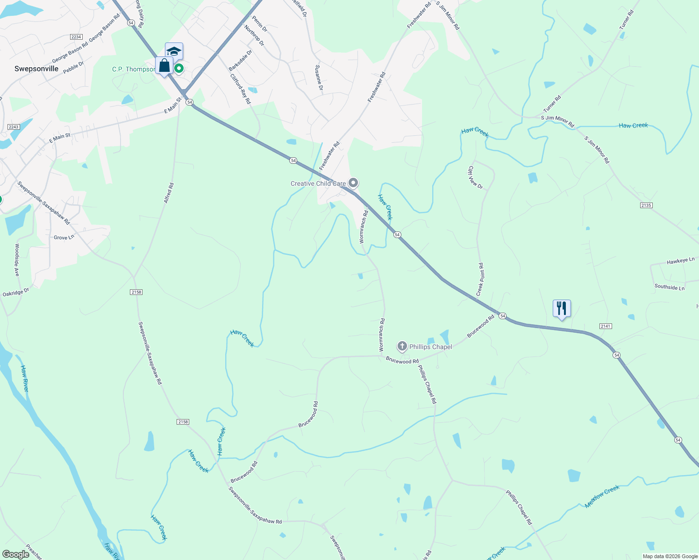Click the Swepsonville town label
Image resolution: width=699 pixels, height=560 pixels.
point(36,69)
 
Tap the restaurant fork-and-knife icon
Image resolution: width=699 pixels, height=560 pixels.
point(562,308)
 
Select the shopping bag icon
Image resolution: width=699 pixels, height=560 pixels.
point(164,65)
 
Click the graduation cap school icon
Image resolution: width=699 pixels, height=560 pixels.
point(174,51)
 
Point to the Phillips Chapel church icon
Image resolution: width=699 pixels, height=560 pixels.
point(402,346)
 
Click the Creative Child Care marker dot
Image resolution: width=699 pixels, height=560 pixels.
point(354,183)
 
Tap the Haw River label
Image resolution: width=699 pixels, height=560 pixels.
point(24,378)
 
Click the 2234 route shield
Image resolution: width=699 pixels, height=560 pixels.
point(76,37)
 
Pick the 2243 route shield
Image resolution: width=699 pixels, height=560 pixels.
point(14,127)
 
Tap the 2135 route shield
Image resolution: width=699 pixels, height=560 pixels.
point(646,205)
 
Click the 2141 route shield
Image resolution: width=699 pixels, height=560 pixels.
point(606,326)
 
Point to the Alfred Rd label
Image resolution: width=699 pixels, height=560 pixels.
point(169,193)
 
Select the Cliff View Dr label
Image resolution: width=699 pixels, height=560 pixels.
point(476,177)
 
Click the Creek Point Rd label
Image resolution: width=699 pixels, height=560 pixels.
point(479,279)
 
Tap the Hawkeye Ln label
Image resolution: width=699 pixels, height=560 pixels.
point(681,261)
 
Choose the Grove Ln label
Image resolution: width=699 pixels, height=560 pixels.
point(64,238)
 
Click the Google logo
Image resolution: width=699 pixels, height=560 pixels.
point(16,554)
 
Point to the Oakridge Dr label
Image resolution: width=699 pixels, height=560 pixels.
point(16,293)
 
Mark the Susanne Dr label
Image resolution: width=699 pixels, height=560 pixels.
point(319,77)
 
